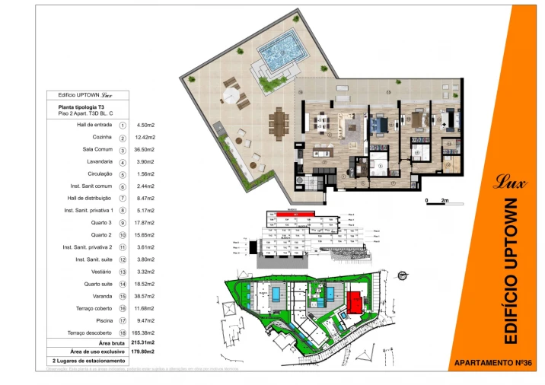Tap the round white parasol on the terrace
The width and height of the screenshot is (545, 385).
[230, 96]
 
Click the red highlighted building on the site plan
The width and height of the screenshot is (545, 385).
[355, 302]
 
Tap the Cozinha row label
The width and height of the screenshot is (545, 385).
[102, 137]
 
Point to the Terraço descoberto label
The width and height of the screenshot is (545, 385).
[91, 332]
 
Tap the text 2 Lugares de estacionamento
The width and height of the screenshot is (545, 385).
[88, 360]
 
